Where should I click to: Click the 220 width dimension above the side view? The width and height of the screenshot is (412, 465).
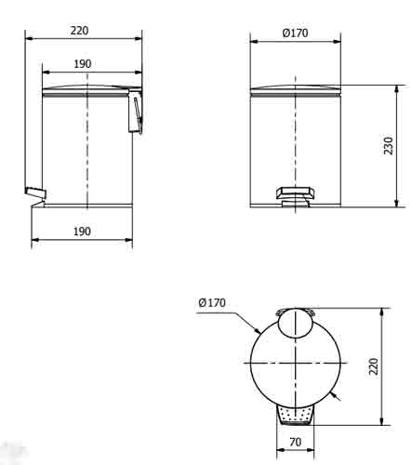pyautogui.click(x=79, y=30)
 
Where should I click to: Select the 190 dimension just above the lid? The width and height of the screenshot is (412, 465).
pyautogui.click(x=83, y=64)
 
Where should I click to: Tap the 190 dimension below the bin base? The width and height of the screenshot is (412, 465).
pyautogui.click(x=81, y=231)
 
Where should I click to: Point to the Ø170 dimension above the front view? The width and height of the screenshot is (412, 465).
pyautogui.click(x=295, y=33)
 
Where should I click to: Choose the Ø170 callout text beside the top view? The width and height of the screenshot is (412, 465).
pyautogui.click(x=212, y=301)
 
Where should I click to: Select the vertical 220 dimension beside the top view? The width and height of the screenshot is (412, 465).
pyautogui.click(x=374, y=366)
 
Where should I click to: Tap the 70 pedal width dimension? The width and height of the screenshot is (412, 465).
pyautogui.click(x=295, y=443)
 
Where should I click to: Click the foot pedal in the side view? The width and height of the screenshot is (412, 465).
pyautogui.click(x=34, y=193)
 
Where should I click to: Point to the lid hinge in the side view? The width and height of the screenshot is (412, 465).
pyautogui.click(x=136, y=112)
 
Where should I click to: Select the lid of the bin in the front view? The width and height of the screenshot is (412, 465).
pyautogui.click(x=295, y=90)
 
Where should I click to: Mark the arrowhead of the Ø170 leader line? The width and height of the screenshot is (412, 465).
pyautogui.click(x=259, y=332)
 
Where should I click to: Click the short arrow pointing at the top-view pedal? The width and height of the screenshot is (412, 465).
pyautogui.click(x=337, y=399)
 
